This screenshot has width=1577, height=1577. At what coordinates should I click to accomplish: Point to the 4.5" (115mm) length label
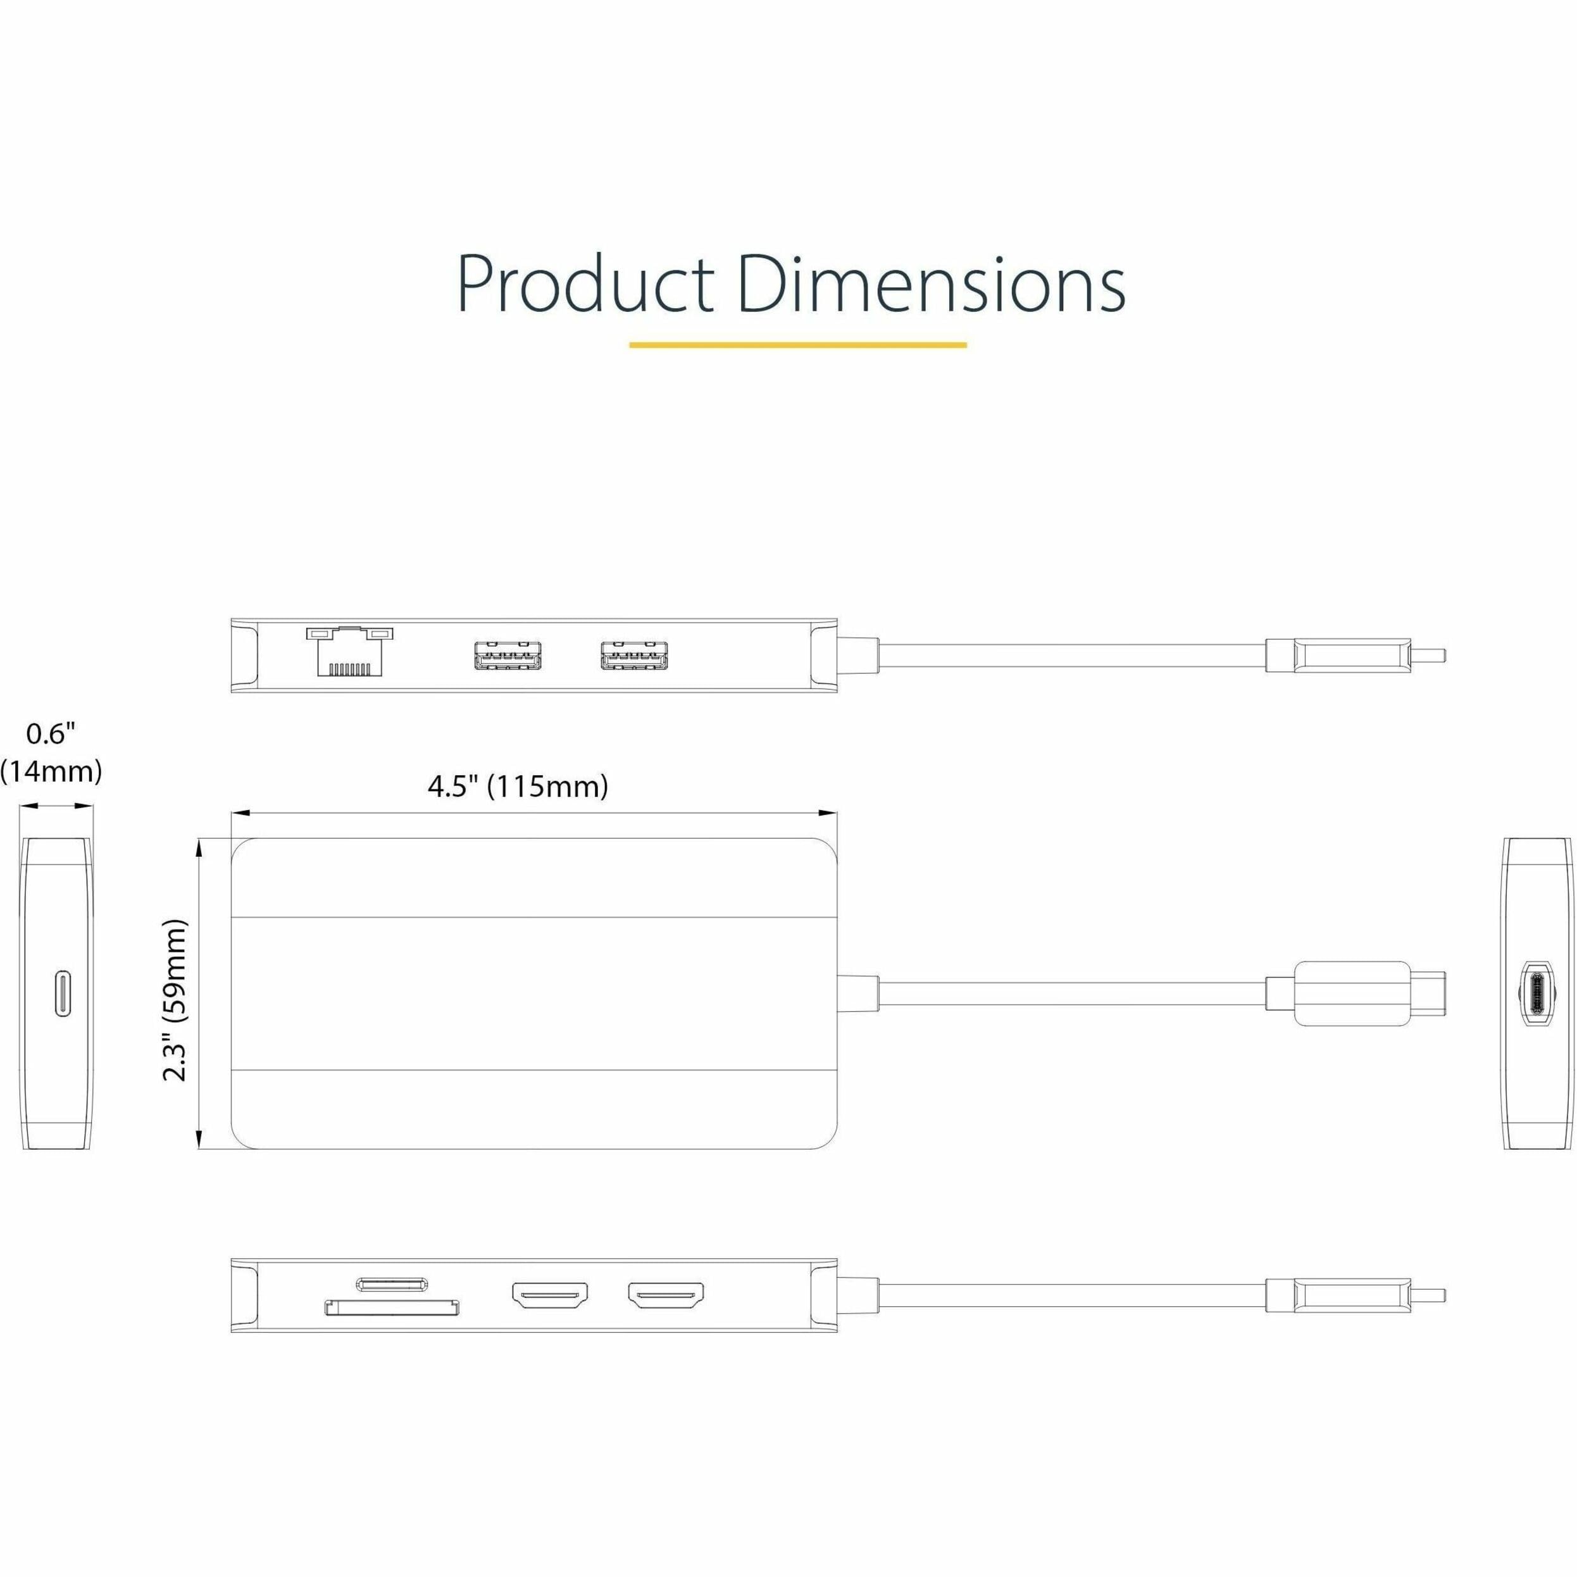518,786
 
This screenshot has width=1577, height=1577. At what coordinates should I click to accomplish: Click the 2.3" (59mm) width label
175,1000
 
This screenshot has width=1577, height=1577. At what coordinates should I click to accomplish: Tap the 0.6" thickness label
51,734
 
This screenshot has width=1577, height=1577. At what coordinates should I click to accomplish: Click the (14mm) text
51,771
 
